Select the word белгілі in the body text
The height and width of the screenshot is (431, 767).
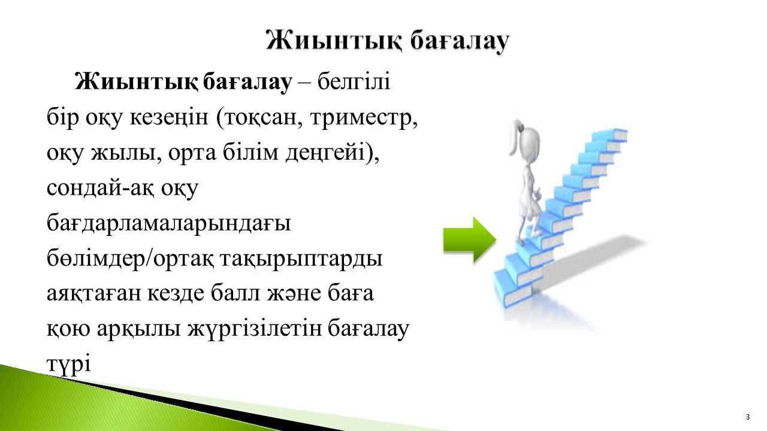coord(354,82)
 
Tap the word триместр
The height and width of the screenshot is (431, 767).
coord(364,119)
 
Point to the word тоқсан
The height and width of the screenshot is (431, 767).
coord(260,119)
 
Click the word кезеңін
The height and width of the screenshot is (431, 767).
coord(169,118)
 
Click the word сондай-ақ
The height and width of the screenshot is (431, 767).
coord(102,188)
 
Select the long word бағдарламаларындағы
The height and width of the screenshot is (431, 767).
coord(169,224)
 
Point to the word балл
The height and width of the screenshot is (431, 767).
coord(235,293)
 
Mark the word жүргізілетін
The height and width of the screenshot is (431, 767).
coord(255,329)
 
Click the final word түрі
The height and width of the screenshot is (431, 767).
coord(69,364)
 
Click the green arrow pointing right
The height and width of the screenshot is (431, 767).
coord(470,240)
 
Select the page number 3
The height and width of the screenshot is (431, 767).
coord(748,417)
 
